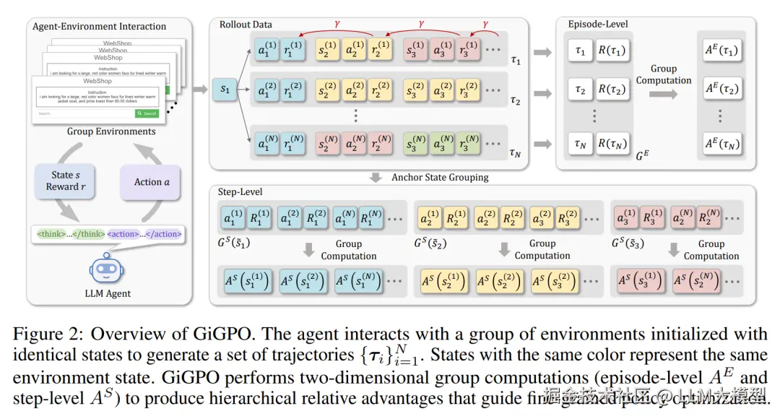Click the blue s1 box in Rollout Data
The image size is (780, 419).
[226, 90]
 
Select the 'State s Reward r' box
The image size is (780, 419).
[63, 181]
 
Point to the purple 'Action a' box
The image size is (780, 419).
[152, 182]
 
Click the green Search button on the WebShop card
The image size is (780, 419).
[146, 113]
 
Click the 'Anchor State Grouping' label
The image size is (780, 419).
[440, 177]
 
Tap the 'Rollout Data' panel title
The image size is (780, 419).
[246, 25]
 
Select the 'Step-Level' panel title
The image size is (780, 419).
[240, 191]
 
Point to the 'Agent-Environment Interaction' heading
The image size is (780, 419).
[99, 27]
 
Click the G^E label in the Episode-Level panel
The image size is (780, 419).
[642, 156]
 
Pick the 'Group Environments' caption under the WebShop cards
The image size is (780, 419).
[111, 131]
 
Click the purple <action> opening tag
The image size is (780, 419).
[124, 234]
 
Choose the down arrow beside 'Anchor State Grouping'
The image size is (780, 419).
[376, 177]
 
